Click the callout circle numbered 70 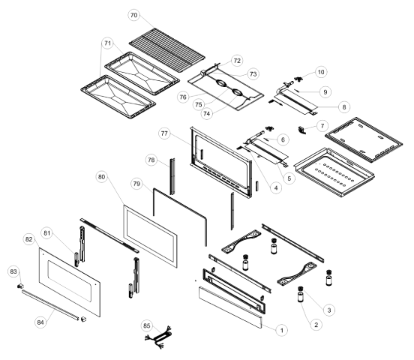click(x=133, y=15)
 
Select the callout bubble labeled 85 click(x=147, y=326)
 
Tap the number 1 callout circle click(x=282, y=330)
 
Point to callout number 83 click(x=13, y=271)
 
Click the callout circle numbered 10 click(x=321, y=72)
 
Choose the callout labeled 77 click(x=164, y=133)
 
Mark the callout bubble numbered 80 click(x=102, y=177)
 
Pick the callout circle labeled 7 click(x=322, y=126)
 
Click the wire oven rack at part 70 click(x=167, y=50)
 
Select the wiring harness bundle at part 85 click(x=158, y=337)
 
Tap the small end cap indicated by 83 click(x=20, y=286)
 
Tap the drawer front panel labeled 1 click(x=230, y=307)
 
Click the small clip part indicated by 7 click(x=301, y=130)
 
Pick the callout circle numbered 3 click(x=329, y=310)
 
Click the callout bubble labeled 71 click(x=107, y=43)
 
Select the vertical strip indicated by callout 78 click(x=172, y=176)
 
